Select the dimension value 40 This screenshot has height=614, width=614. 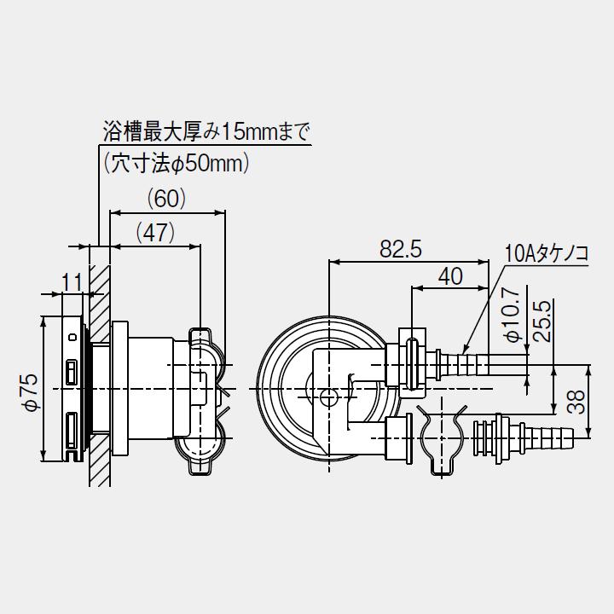point(450,276)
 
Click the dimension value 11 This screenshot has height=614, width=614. point(72,280)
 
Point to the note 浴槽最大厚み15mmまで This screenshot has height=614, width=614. point(206,132)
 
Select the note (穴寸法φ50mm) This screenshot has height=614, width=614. point(175,163)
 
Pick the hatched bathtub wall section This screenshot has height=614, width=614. point(99,367)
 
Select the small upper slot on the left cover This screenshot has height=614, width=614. point(72,371)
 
